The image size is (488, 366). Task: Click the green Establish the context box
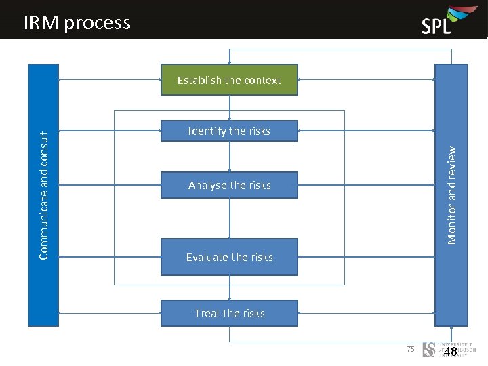pyautogui.click(x=229, y=80)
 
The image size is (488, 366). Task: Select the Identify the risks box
pyautogui.click(x=229, y=131)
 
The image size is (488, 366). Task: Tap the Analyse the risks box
pyautogui.click(x=229, y=185)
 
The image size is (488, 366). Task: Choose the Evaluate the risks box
pyautogui.click(x=229, y=257)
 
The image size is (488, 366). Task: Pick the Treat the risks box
pyautogui.click(x=229, y=313)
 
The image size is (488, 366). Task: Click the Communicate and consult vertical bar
pyautogui.click(x=43, y=195)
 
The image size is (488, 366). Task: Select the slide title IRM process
pyautogui.click(x=77, y=23)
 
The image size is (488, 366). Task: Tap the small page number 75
pyautogui.click(x=410, y=349)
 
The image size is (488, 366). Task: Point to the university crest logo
pyautogui.click(x=429, y=350)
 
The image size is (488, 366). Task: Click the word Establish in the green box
pyautogui.click(x=199, y=80)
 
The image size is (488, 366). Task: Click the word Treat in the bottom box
pyautogui.click(x=207, y=313)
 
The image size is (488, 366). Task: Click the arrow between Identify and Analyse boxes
pyautogui.click(x=230, y=157)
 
